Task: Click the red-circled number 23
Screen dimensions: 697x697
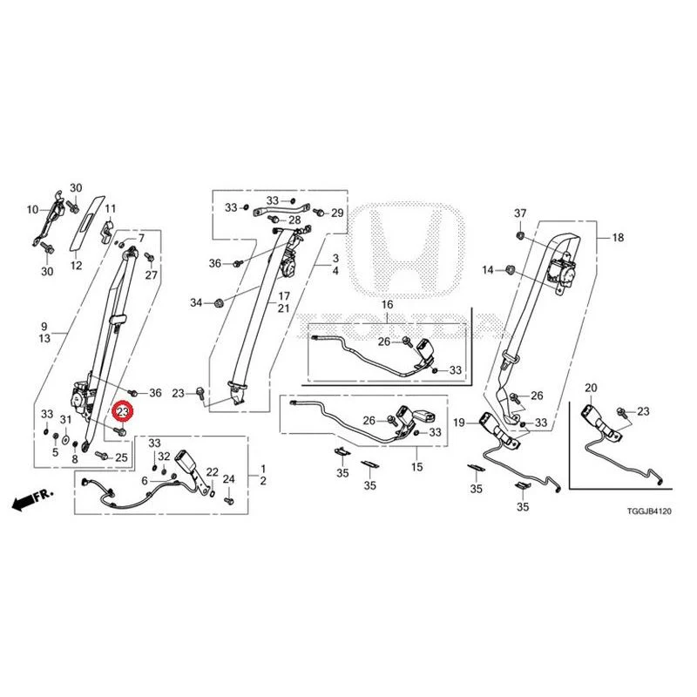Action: click(x=123, y=412)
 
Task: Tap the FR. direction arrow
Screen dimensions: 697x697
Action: click(x=32, y=499)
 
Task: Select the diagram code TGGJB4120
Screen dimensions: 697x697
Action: click(x=649, y=511)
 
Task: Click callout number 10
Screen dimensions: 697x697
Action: click(x=33, y=209)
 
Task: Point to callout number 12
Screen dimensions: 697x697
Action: click(x=76, y=266)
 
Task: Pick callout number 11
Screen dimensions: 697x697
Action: click(x=111, y=208)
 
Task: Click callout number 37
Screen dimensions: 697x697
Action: click(x=520, y=213)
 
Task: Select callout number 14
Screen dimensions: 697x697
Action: click(x=488, y=270)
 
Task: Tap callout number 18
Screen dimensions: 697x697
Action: click(x=618, y=237)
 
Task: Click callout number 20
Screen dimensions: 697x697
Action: click(x=591, y=388)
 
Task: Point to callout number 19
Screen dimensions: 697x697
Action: click(x=459, y=423)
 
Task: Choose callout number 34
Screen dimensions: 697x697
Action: click(x=196, y=302)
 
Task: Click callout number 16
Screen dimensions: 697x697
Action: click(x=387, y=304)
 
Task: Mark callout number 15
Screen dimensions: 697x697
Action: click(x=416, y=467)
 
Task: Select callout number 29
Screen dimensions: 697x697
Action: click(x=337, y=213)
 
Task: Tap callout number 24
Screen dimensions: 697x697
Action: click(x=228, y=478)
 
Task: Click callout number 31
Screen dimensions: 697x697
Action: click(x=66, y=420)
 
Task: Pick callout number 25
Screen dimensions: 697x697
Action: click(x=121, y=457)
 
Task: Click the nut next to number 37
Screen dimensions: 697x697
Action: click(x=519, y=234)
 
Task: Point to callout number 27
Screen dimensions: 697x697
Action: click(x=151, y=274)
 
